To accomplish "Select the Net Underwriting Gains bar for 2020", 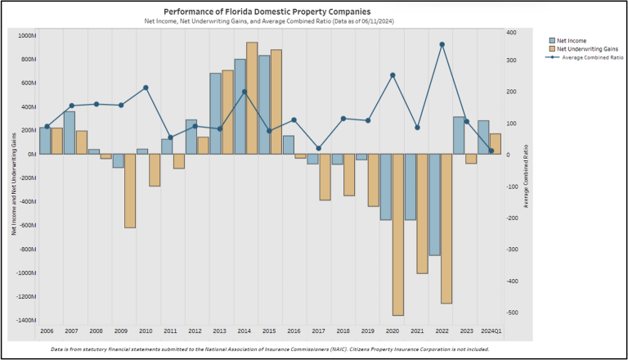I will coord(397,234).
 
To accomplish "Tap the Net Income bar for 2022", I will coord(434,205).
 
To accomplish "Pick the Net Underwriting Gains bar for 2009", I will coord(130,191).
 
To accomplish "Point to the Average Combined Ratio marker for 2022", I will coord(442,45).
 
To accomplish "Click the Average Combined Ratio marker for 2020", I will coord(392,75).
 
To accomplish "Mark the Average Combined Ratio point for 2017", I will coord(319,148).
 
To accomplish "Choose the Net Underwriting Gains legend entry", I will coord(581,49).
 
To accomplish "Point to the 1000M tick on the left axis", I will coord(25,35).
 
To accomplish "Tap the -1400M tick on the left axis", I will coord(24,320).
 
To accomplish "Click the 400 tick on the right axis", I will coord(511,33).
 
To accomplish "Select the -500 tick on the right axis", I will coord(512,313).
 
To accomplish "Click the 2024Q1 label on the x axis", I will coord(491,331).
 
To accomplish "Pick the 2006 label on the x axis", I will coord(47,331).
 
